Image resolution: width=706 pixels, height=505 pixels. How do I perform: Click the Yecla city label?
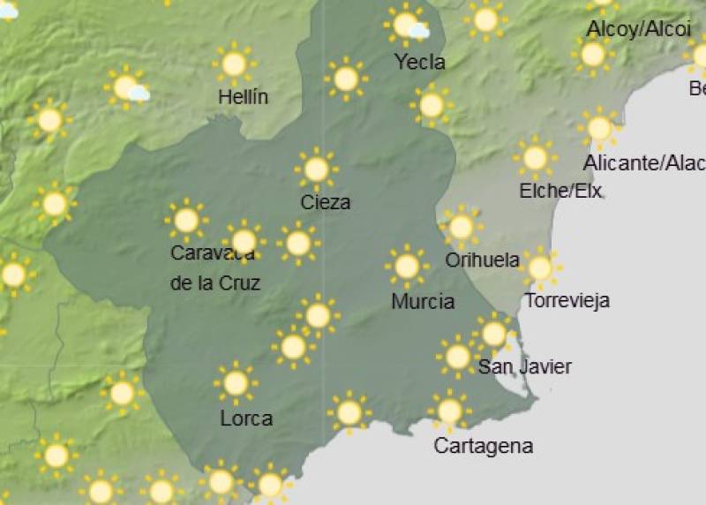420,62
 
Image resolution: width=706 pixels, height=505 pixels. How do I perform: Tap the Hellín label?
243,97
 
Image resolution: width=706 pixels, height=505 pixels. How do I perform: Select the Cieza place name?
326,202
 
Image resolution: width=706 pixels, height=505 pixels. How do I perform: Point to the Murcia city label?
423,301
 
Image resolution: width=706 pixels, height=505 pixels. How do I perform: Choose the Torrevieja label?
567,300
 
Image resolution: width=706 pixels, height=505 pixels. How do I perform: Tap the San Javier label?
524,366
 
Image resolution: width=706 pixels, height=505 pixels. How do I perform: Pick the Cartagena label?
483,446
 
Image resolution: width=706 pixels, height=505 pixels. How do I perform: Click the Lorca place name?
246,418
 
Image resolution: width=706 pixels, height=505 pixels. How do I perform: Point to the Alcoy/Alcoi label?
638,28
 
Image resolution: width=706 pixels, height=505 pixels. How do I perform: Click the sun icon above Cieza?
316,169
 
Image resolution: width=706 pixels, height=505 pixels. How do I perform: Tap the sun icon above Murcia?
406,266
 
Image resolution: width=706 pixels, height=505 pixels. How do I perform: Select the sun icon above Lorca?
236,383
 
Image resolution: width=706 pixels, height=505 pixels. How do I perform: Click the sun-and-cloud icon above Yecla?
407,24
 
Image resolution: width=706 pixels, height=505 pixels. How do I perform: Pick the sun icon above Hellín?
234,64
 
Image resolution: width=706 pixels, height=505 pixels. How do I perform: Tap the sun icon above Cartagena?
449,411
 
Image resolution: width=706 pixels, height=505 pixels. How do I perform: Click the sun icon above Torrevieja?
539,267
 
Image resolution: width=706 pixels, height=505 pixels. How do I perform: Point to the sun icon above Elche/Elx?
535,157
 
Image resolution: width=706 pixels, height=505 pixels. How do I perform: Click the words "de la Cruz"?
214,283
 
